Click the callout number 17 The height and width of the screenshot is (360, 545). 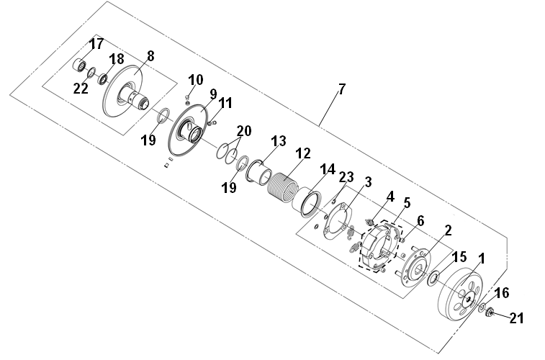click(x=96, y=44)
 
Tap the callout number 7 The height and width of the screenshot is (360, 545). click(x=342, y=89)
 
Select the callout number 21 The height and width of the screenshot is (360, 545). click(x=516, y=318)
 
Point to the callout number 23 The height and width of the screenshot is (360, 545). click(x=346, y=177)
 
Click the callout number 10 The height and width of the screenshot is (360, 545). click(x=196, y=80)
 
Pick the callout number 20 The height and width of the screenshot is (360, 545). click(x=244, y=131)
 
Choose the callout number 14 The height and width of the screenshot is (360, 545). click(x=328, y=169)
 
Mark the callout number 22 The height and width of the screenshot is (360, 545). click(x=81, y=89)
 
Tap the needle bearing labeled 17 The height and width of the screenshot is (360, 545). click(x=81, y=65)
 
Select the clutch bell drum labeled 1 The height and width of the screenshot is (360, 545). click(x=460, y=294)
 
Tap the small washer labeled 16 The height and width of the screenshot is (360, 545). click(x=482, y=307)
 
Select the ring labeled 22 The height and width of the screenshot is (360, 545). click(x=91, y=73)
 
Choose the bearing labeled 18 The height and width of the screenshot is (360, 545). click(x=103, y=79)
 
